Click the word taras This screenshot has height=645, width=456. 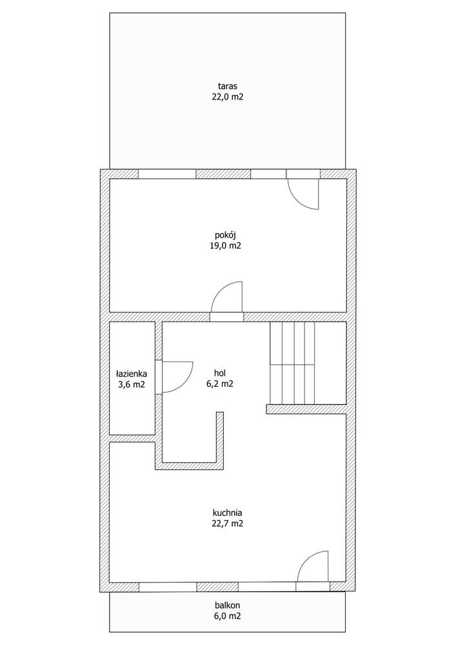click(x=228, y=85)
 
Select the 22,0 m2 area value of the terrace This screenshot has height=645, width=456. click(x=228, y=97)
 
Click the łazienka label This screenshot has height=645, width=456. click(x=132, y=373)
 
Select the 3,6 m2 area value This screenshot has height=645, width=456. click(x=132, y=385)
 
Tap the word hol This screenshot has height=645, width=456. click(x=221, y=372)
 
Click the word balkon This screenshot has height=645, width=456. click(x=228, y=605)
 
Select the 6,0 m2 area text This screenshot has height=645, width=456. click(x=228, y=616)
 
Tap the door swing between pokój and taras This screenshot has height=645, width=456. click(x=303, y=193)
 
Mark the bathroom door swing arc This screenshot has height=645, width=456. click(x=176, y=377)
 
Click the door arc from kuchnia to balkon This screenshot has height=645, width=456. click(x=313, y=567)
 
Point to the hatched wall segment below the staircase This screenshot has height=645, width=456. click(x=306, y=409)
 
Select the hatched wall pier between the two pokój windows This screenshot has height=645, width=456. click(x=223, y=174)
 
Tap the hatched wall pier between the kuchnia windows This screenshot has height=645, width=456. click(x=217, y=587)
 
